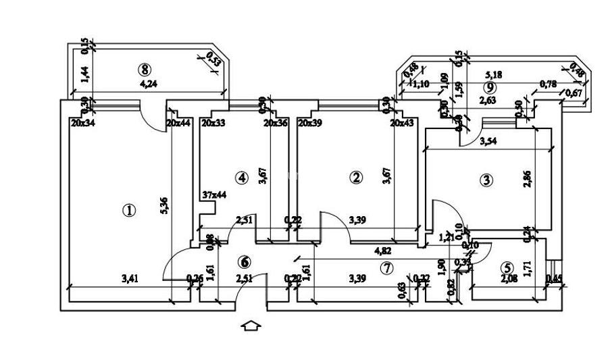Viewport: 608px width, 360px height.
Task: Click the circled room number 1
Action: pyautogui.click(x=129, y=210)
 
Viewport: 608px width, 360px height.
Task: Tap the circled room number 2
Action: pyautogui.click(x=356, y=177)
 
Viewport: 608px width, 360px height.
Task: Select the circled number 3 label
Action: pyautogui.click(x=486, y=180)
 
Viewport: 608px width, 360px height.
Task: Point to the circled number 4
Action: pyautogui.click(x=241, y=177)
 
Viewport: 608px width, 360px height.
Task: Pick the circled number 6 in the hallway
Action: pyautogui.click(x=245, y=261)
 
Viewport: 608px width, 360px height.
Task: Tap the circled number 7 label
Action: pyautogui.click(x=386, y=267)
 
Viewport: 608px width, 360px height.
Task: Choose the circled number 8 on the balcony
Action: pyautogui.click(x=143, y=68)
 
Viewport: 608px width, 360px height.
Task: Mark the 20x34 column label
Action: pyautogui.click(x=83, y=123)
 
